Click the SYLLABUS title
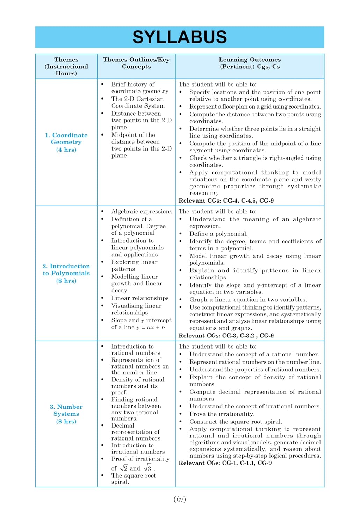pyautogui.click(x=180, y=37)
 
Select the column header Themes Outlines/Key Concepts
pyautogui.click(x=136, y=63)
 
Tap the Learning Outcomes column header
pyautogui.click(x=250, y=63)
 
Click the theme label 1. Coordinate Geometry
pyautogui.click(x=66, y=139)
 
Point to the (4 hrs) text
pyautogui.click(x=66, y=150)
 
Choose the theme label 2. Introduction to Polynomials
pyautogui.click(x=66, y=270)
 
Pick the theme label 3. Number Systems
pyautogui.click(x=66, y=410)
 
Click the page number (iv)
pyautogui.click(x=180, y=500)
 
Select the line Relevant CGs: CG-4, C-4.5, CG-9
pyautogui.click(x=226, y=201)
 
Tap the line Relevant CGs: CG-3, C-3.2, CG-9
pyautogui.click(x=226, y=336)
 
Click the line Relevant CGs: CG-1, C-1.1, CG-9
pyautogui.click(x=225, y=463)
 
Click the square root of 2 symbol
pyautogui.click(x=124, y=468)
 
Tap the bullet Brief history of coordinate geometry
pyautogui.click(x=139, y=88)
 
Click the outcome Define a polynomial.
pyautogui.click(x=218, y=234)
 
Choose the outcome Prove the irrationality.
pyautogui.click(x=222, y=414)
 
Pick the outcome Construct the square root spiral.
pyautogui.click(x=236, y=422)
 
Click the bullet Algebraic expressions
pyautogui.click(x=142, y=212)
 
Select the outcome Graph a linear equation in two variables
pyautogui.click(x=248, y=300)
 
